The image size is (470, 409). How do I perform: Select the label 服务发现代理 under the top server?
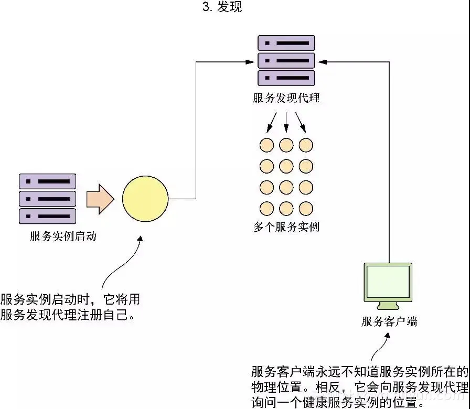tap(286, 98)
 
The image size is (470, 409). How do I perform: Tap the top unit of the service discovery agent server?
tap(286, 43)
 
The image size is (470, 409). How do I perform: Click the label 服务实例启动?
tap(63, 236)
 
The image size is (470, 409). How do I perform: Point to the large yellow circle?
tap(145, 199)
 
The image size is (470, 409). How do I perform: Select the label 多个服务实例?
tap(286, 227)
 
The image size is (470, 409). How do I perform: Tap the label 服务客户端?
tap(389, 321)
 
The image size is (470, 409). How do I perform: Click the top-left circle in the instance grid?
tap(267, 145)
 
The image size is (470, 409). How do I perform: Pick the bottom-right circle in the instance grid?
tap(306, 208)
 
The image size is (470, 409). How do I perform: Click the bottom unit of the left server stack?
tap(48, 216)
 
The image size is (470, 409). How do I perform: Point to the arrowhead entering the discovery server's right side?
tap(322, 62)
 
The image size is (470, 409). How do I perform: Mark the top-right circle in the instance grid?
tap(306, 145)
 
